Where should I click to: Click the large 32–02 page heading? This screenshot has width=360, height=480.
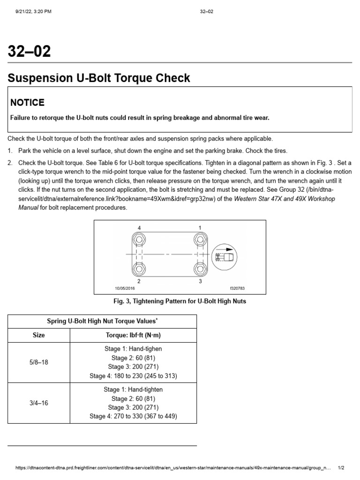coord(29,51)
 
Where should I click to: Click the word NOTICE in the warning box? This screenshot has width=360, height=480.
coord(28,102)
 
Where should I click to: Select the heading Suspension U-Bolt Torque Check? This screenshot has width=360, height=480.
coord(99,78)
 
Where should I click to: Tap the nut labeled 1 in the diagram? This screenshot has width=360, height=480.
coord(200,240)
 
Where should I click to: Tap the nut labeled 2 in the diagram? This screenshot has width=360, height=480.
coord(139,270)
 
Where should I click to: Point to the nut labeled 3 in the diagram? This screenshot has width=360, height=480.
coord(200,270)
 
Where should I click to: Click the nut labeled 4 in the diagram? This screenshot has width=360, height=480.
coord(139,240)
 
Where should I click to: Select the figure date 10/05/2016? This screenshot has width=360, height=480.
coord(125,289)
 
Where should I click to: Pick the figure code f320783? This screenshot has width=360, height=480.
coord(238,289)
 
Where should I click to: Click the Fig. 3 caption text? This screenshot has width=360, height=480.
coord(180,301)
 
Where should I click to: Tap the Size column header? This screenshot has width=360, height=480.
coord(38,335)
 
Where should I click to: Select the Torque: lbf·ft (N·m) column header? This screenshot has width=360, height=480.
coord(133,335)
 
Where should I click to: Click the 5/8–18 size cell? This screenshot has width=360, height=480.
coord(38,362)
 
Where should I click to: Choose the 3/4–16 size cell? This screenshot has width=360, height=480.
coord(38,403)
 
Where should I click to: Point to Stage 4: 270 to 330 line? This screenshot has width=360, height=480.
coord(133,416)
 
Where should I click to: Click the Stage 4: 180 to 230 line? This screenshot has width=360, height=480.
coord(133,376)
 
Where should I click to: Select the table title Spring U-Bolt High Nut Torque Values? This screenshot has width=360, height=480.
coord(102,321)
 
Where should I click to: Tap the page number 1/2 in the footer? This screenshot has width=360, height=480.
coord(341,468)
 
